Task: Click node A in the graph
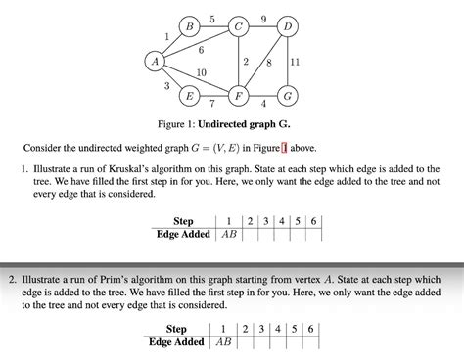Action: [x=154, y=62]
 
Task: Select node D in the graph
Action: [x=287, y=26]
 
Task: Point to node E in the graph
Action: [x=189, y=96]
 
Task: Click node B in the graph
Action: [x=189, y=26]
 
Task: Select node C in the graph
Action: [x=238, y=26]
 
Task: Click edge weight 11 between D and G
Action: [x=296, y=62]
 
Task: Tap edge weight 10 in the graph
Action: [x=201, y=73]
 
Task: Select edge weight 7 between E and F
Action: [x=212, y=104]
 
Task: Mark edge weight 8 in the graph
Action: [x=268, y=64]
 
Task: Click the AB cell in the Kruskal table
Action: [x=228, y=235]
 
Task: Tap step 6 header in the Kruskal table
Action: [x=312, y=221]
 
